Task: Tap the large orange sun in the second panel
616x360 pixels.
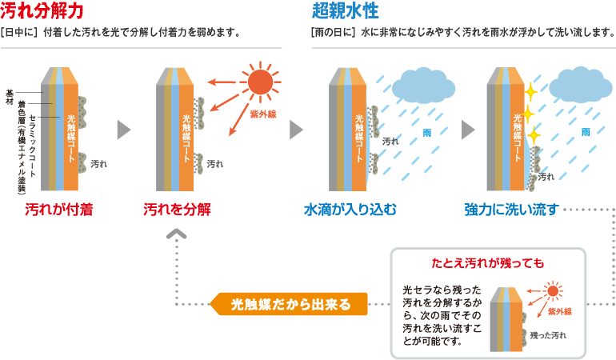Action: tap(259, 82)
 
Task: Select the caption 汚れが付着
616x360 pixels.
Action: tap(58, 210)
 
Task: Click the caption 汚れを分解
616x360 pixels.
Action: tap(177, 210)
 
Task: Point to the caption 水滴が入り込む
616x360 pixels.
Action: tap(350, 210)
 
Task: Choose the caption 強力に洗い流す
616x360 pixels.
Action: tap(510, 210)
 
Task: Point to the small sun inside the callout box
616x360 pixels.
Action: tap(551, 292)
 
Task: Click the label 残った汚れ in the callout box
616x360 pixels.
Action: tap(548, 336)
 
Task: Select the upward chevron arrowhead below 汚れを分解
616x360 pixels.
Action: tap(177, 235)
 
